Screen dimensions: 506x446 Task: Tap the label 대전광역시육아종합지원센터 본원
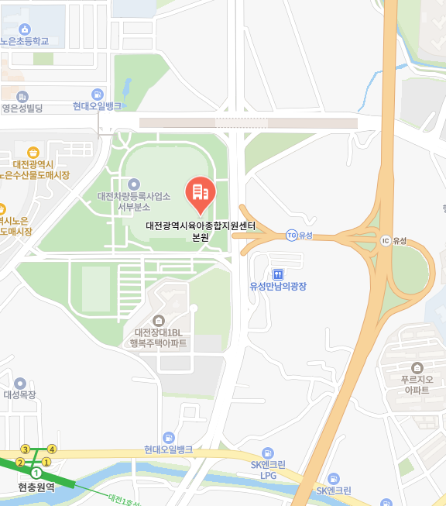pos(201,232)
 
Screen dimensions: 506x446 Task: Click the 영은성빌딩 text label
pos(22,108)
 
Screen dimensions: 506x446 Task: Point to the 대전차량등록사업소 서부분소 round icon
pos(133,184)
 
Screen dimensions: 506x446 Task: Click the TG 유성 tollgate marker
pos(291,235)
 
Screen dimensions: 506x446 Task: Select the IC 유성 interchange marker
pos(386,240)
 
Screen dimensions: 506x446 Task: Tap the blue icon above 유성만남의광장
pos(278,274)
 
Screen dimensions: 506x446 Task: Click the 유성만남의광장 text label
pos(278,286)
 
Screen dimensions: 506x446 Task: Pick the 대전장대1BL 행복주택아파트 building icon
pos(160,320)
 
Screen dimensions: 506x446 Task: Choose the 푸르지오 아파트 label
pos(415,384)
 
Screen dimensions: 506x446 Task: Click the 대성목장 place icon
pos(20,383)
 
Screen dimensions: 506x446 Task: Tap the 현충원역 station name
pos(36,487)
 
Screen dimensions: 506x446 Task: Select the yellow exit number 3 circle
pos(26,449)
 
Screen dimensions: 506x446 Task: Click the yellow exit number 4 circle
pos(52,449)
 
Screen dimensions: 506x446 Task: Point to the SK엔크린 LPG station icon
pos(268,453)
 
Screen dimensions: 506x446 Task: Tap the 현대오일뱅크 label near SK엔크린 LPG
pos(168,449)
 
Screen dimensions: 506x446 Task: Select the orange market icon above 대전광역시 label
pos(33,153)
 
